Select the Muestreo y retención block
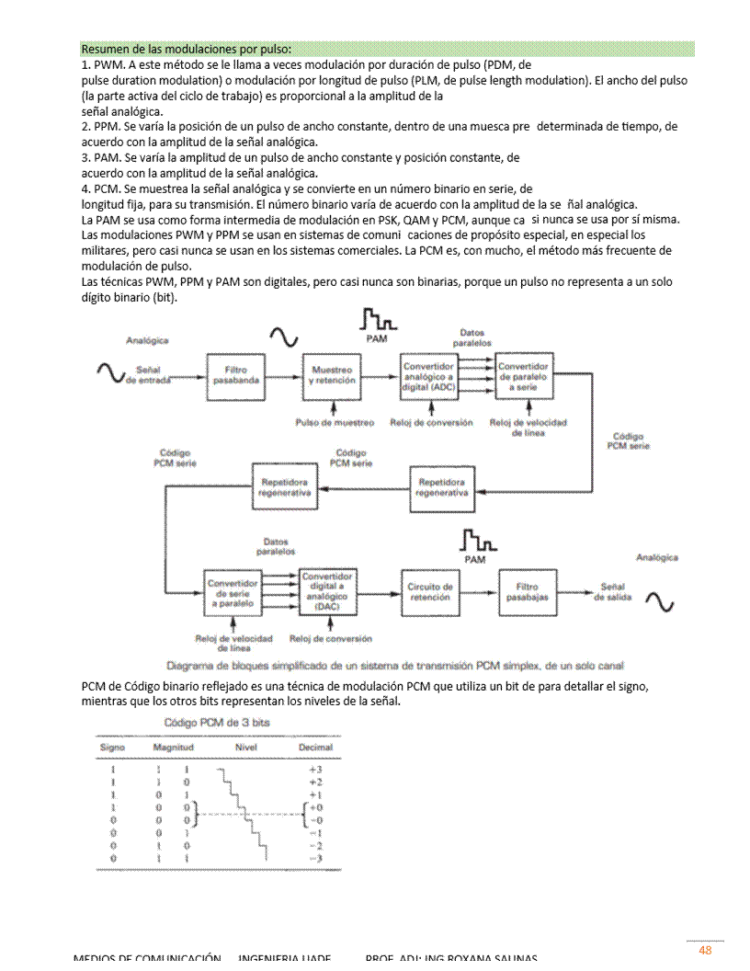[332, 375]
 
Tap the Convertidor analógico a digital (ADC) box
[428, 376]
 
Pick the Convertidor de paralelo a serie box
[524, 376]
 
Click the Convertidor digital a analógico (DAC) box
[327, 592]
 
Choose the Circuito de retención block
[430, 591]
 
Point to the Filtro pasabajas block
[528, 591]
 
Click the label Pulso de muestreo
[335, 423]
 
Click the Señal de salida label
[613, 591]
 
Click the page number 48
[705, 950]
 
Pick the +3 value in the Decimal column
[315, 769]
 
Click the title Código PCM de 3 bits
[217, 723]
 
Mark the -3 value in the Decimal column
[315, 858]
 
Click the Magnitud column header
[173, 748]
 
